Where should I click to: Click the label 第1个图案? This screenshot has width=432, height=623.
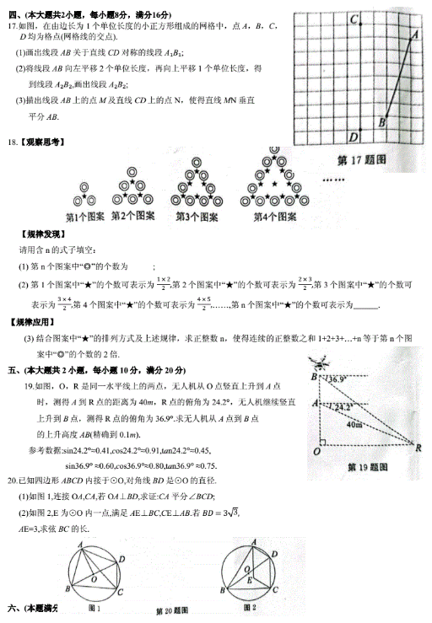[85, 217]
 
